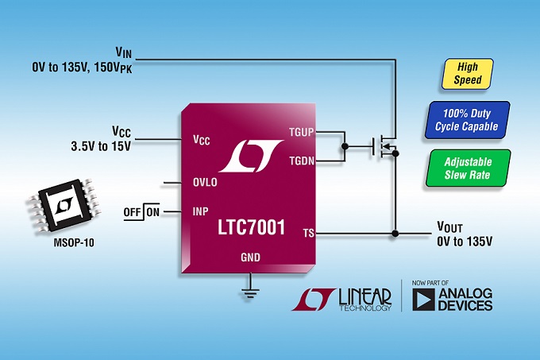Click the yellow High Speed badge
(463, 74)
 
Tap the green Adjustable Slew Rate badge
(468, 168)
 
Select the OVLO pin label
(205, 182)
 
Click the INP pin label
(200, 212)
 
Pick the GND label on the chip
(251, 257)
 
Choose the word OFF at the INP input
(132, 212)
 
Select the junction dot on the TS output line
(395, 234)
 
